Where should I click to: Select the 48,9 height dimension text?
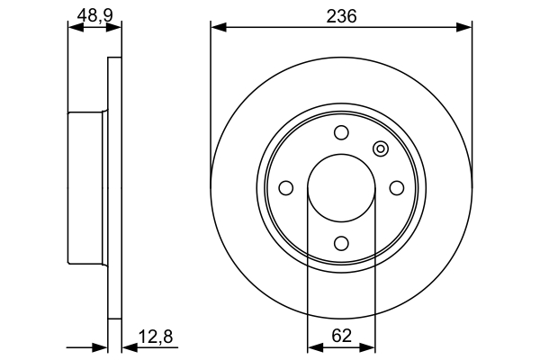click(x=94, y=16)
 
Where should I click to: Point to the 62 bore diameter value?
click(x=341, y=336)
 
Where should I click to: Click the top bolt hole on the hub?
click(x=341, y=133)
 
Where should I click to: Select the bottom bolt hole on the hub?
click(x=341, y=242)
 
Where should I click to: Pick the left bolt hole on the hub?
click(x=286, y=188)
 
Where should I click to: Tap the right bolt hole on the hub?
click(x=396, y=187)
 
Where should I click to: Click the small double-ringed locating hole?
click(x=380, y=149)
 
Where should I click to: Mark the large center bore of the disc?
click(x=341, y=188)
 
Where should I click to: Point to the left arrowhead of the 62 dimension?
click(x=314, y=346)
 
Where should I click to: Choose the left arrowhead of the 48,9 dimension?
click(x=75, y=28)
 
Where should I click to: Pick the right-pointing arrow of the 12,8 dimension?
click(x=101, y=346)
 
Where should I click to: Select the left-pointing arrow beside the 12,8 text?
click(x=128, y=346)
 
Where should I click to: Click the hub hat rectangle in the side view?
click(x=88, y=187)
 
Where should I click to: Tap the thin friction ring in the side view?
click(x=114, y=187)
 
